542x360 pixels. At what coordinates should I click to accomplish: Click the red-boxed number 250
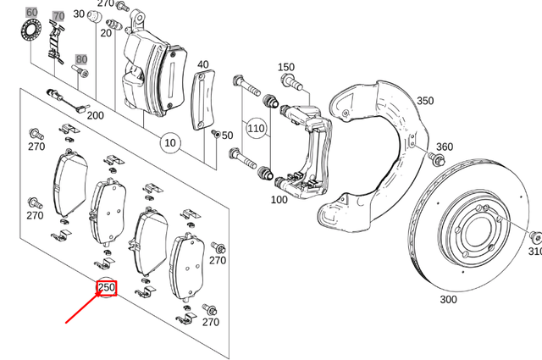tap(107, 288)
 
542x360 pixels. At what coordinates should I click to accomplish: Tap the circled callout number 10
tap(170, 142)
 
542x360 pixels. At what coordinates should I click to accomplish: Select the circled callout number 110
tap(255, 128)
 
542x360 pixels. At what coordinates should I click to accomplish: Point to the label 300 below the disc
tap(448, 299)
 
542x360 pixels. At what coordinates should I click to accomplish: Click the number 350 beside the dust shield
tap(424, 101)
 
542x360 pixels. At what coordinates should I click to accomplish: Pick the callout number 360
tap(444, 147)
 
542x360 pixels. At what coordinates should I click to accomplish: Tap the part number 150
tap(286, 67)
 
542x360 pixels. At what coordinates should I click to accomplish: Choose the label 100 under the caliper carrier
tap(279, 200)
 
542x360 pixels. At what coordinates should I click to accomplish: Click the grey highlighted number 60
tap(31, 13)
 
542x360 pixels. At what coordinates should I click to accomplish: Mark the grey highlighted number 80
tap(81, 59)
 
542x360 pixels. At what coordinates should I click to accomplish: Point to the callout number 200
tap(95, 115)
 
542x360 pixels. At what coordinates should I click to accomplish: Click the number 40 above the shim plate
tap(203, 64)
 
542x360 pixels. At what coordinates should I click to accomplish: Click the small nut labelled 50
tap(216, 135)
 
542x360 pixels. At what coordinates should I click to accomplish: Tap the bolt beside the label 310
tap(535, 236)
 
